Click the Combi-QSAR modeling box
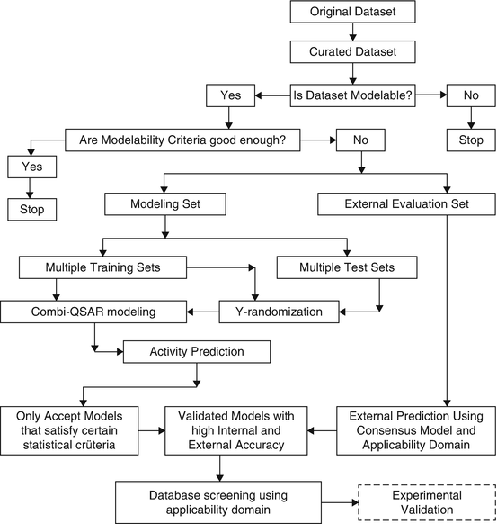pyautogui.click(x=93, y=312)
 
